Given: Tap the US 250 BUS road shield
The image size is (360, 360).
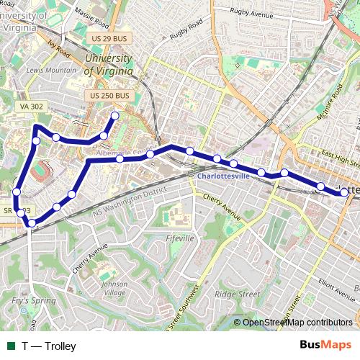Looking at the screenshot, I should pyautogui.click(x=110, y=95).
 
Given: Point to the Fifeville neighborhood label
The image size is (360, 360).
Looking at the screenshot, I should pyautogui.click(x=180, y=238).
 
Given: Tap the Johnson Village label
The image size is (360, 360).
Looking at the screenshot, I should pyautogui.click(x=114, y=288).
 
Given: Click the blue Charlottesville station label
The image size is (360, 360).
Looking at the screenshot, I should pyautogui.click(x=222, y=175).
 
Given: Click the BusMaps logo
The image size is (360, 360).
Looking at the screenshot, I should pyautogui.click(x=325, y=346).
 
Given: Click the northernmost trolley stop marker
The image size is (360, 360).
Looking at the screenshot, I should pyautogui.click(x=114, y=115).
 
